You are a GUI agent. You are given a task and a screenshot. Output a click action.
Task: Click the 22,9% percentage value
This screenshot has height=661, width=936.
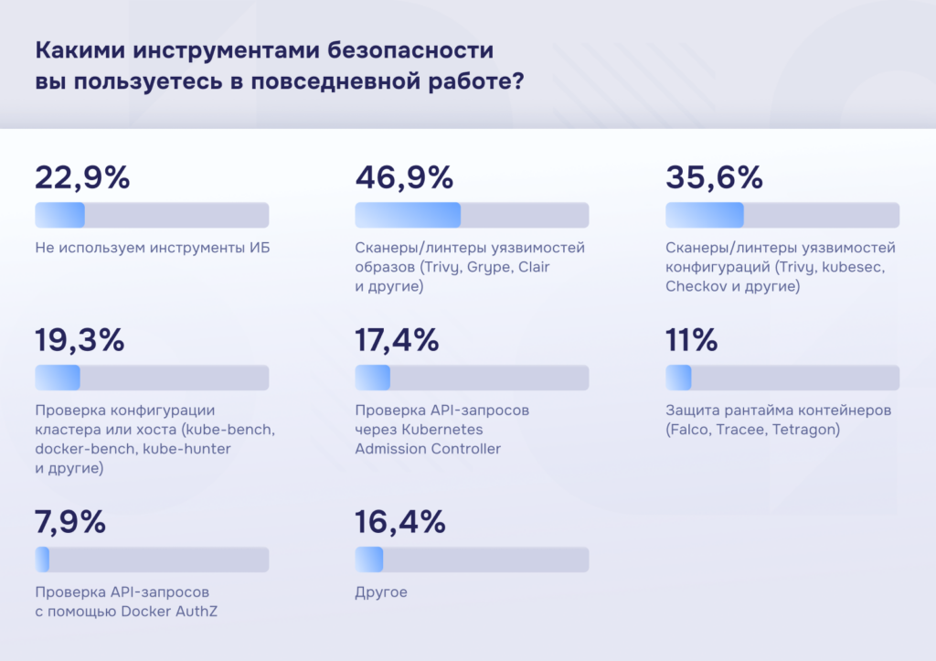[82, 177]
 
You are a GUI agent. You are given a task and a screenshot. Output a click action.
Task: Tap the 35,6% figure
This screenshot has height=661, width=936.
[714, 177]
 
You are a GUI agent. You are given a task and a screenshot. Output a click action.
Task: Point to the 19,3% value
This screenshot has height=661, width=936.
[80, 341]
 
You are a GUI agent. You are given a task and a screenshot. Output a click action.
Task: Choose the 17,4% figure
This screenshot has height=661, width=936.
[397, 341]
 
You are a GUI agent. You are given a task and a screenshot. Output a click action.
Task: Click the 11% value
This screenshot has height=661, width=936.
[692, 341]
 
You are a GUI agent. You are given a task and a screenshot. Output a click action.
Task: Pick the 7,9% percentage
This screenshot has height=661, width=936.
[70, 523]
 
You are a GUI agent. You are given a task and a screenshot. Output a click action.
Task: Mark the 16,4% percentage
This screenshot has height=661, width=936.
[400, 523]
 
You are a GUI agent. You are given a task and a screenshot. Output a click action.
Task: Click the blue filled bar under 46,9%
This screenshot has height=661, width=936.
[408, 215]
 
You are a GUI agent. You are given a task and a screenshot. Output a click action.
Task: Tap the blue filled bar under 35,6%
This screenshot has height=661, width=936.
[704, 215]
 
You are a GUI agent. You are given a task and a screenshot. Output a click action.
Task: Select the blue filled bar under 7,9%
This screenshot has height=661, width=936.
[42, 559]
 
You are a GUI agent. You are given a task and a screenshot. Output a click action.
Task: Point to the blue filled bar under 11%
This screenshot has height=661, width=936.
[678, 378]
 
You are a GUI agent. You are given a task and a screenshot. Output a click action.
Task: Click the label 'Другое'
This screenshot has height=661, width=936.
[381, 593]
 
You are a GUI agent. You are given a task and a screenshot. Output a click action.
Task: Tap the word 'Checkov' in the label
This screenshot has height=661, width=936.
[695, 287]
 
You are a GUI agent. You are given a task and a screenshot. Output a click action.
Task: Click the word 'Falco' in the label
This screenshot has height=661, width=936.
[691, 430]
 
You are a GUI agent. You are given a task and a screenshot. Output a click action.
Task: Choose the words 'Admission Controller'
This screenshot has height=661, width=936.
[428, 449]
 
